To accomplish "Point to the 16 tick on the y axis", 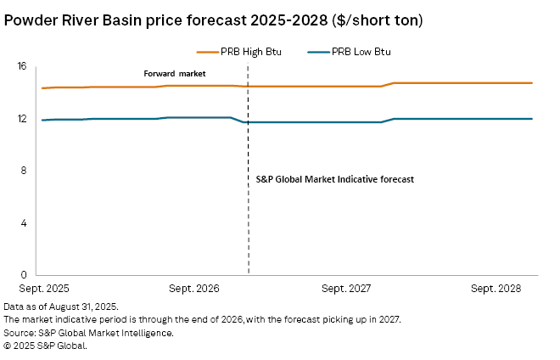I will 22,66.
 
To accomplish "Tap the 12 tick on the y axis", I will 22,119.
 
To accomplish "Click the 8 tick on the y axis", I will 24,171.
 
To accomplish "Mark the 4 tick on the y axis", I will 24,223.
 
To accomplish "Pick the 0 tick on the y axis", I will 24,275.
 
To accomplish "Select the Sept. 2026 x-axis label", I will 195,290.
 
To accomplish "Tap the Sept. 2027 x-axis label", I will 347,290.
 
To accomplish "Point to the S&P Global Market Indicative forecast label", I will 334,180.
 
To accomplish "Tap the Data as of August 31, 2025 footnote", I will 61,306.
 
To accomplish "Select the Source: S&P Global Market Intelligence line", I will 88,333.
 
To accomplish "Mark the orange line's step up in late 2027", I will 388,84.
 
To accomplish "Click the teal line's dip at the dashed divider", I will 245,122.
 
